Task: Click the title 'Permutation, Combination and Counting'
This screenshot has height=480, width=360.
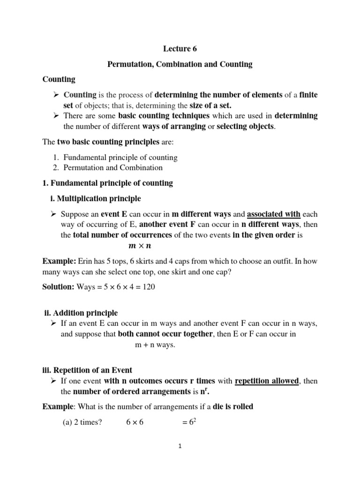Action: pyautogui.click(x=180, y=65)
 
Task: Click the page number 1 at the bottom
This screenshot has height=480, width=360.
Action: pyautogui.click(x=180, y=447)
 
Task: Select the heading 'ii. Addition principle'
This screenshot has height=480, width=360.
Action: pyautogui.click(x=80, y=313)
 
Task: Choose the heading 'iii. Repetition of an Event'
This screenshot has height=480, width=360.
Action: pyautogui.click(x=87, y=370)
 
